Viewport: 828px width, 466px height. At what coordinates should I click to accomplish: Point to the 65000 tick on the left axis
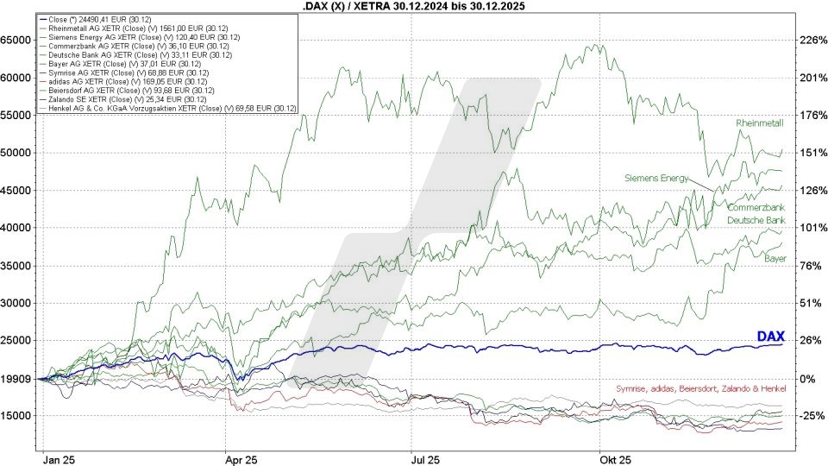[x=18, y=40]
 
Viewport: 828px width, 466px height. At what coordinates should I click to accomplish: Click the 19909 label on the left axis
[x=18, y=378]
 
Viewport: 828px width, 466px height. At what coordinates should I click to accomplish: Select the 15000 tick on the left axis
[x=18, y=416]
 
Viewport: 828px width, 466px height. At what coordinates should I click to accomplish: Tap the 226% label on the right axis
[x=808, y=40]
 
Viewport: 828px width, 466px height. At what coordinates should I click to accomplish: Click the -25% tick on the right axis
[x=808, y=416]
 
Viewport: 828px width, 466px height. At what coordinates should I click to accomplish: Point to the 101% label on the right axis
[x=808, y=228]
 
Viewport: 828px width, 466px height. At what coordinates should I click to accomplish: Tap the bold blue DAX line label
[x=769, y=337]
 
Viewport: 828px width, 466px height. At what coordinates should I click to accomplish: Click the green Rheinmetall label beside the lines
[x=760, y=123]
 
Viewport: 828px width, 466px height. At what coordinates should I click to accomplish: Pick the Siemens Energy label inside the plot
[x=656, y=178]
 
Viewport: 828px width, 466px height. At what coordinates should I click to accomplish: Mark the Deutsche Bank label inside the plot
[x=756, y=220]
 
